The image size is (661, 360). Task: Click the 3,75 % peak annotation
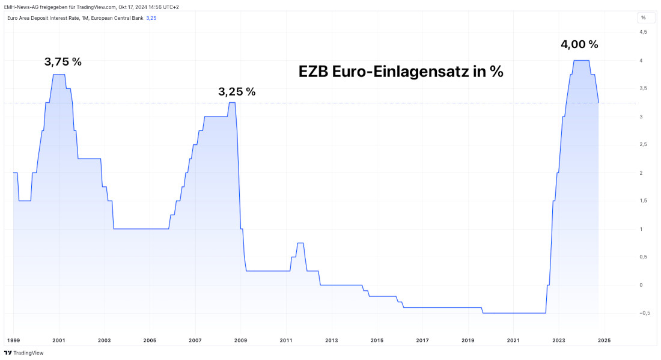point(63,61)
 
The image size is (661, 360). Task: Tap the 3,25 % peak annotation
point(237,91)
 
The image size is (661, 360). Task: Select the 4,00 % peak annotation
point(579,44)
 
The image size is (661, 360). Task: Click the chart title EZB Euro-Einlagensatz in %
point(401,72)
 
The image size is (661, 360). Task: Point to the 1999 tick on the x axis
point(13,340)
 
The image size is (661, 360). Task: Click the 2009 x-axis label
point(241,340)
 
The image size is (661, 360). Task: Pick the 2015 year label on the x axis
point(377,340)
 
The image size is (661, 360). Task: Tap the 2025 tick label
point(604,340)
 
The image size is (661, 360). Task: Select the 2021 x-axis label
point(513,340)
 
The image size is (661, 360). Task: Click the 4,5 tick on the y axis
point(643,32)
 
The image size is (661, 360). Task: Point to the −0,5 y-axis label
point(644,313)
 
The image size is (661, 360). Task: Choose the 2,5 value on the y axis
point(643,144)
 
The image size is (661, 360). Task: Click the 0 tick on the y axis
point(642,285)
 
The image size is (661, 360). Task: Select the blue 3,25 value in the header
point(151,18)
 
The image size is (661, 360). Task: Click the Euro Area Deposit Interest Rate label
point(75,18)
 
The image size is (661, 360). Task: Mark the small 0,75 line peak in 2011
point(300,243)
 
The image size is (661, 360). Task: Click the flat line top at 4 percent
point(581,60)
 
